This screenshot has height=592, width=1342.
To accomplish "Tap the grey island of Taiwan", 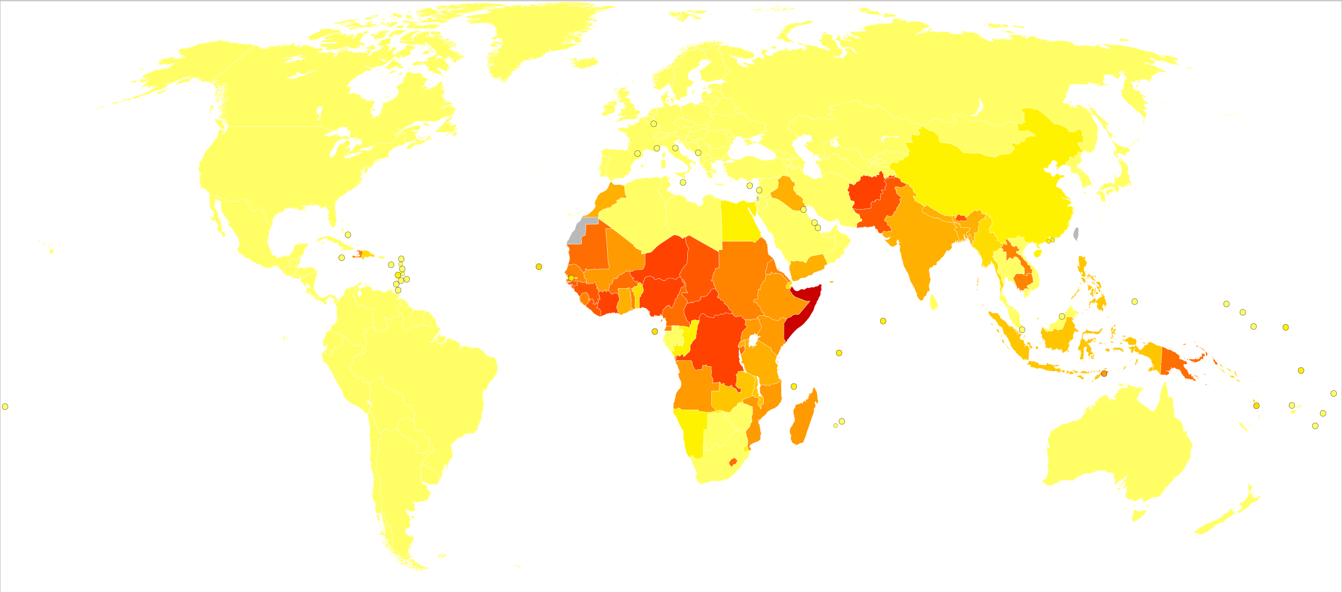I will pyautogui.click(x=1076, y=233).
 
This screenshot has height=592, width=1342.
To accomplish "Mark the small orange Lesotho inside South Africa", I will pyautogui.click(x=733, y=462).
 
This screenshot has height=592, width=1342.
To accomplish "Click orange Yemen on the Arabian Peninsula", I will pyautogui.click(x=807, y=267).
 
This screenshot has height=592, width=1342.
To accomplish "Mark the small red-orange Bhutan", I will pyautogui.click(x=961, y=217).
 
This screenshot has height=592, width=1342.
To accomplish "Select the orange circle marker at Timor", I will pyautogui.click(x=1104, y=374).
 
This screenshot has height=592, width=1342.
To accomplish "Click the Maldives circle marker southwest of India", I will pyautogui.click(x=883, y=321).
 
